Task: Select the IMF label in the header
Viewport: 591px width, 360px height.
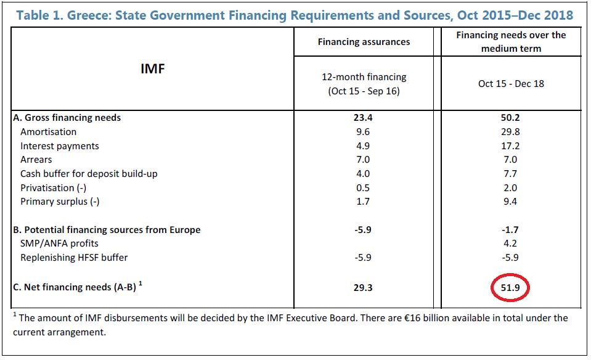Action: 153,68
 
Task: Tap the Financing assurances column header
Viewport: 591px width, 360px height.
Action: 364,42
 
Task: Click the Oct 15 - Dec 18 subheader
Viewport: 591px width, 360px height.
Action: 511,83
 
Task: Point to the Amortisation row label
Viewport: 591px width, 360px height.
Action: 48,131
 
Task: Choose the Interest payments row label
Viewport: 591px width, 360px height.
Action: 59,146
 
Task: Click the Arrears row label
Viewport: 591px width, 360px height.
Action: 36,160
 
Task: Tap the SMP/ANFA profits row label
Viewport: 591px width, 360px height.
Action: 59,243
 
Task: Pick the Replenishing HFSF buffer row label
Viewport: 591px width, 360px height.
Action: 74,258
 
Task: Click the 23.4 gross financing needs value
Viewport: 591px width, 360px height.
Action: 364,118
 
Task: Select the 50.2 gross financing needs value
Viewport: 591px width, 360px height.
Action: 511,118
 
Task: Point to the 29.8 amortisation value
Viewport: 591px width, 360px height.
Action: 511,132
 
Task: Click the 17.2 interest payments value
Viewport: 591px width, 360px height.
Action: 511,146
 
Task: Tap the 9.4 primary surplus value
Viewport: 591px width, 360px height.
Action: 511,202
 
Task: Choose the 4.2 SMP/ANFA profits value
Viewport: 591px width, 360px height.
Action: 511,243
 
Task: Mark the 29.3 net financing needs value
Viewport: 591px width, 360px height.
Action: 364,288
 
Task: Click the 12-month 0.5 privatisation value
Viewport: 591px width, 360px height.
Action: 364,187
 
